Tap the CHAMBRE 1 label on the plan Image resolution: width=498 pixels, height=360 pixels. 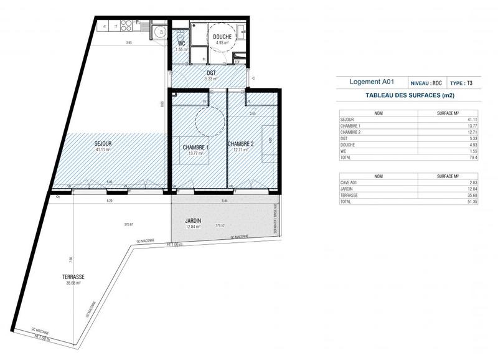(195, 147)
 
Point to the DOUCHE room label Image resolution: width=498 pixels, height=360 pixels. (222, 37)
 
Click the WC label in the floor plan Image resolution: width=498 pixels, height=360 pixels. (182, 44)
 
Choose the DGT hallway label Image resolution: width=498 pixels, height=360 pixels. (212, 73)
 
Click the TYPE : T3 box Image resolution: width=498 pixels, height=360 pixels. (462, 83)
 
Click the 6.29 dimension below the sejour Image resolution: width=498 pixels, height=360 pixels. (110, 201)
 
